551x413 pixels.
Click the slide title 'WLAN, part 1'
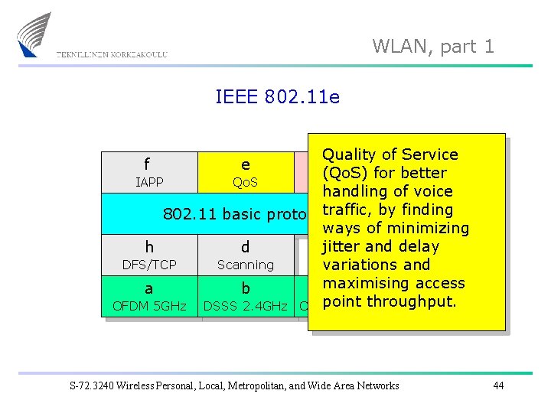click(433, 46)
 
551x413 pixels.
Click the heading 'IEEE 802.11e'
click(277, 97)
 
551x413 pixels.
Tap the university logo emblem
click(35, 34)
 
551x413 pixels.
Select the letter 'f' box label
click(146, 164)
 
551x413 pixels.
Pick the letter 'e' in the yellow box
click(245, 164)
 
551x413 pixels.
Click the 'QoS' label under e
click(245, 183)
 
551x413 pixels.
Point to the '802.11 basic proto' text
click(233, 214)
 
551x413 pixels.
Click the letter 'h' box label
click(149, 247)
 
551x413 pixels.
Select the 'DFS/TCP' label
click(149, 265)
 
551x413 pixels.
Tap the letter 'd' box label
click(245, 247)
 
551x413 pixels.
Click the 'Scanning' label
click(245, 265)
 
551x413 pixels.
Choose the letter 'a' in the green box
click(148, 288)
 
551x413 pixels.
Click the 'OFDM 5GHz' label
click(149, 307)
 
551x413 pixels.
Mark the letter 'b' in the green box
click(245, 288)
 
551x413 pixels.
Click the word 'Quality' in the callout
click(347, 154)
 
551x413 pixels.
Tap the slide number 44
click(498, 385)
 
